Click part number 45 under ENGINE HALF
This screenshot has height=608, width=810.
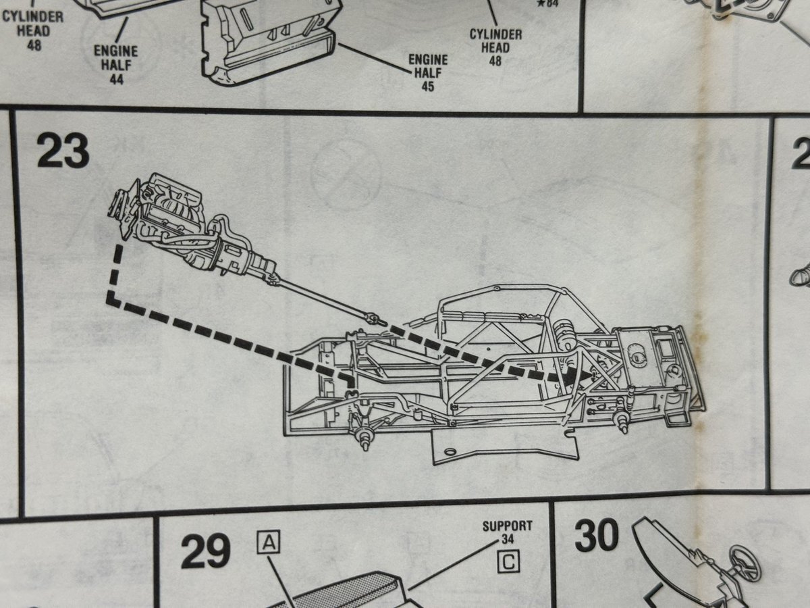[427, 86]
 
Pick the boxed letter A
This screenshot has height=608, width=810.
[269, 542]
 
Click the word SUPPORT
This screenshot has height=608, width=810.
[508, 526]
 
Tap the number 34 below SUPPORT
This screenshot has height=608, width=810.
[508, 539]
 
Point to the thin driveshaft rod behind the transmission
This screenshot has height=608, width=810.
[317, 297]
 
